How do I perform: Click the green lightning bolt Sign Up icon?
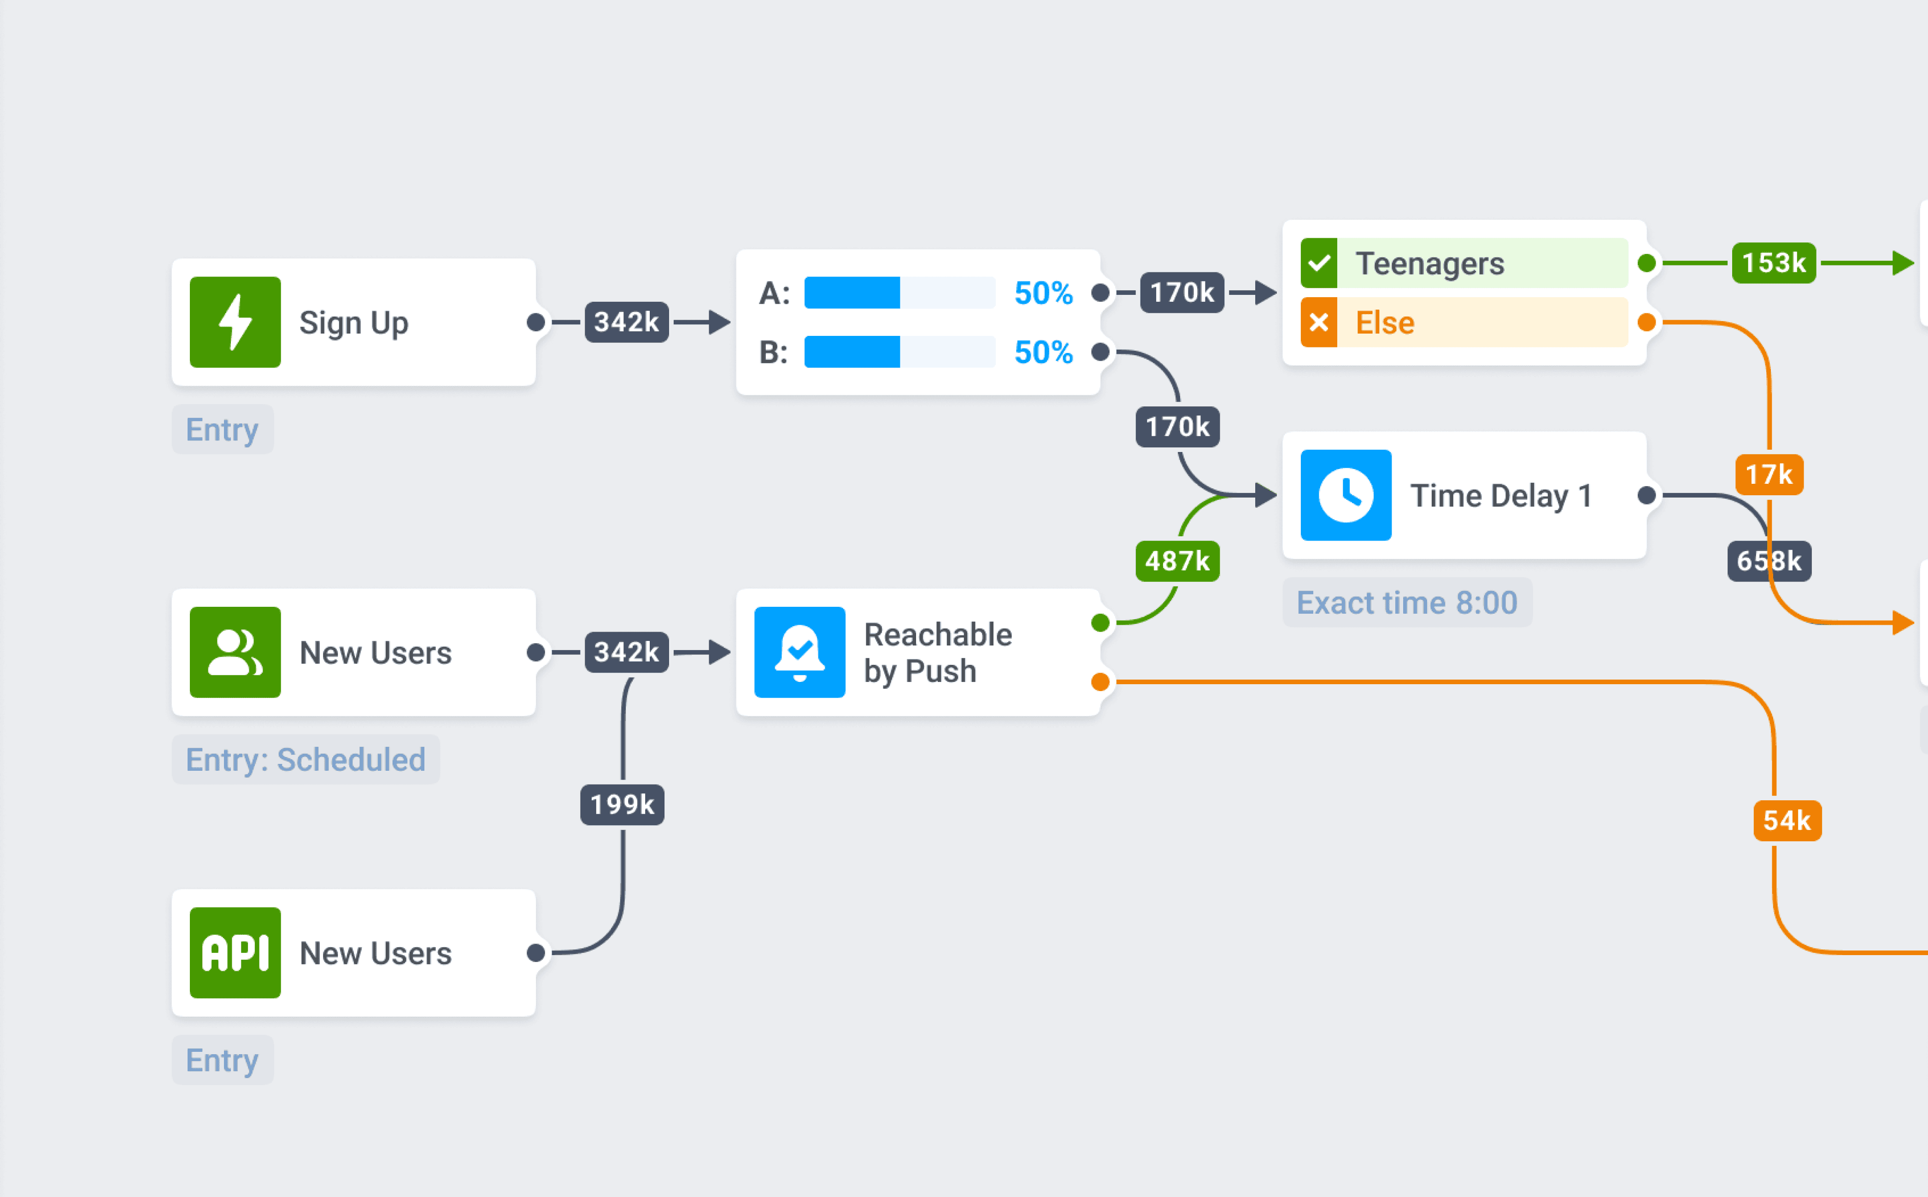pos(235,322)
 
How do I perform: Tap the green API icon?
pos(235,952)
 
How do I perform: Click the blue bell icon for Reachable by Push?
pos(799,652)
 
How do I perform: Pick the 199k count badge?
pos(623,805)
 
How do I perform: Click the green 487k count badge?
pos(1177,561)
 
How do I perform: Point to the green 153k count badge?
pos(1774,263)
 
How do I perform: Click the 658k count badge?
pos(1769,561)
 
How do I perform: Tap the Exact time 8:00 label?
pos(1406,603)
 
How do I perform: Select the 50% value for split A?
pos(1043,293)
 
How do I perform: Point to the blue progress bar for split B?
pos(852,352)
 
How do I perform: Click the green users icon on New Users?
pos(235,652)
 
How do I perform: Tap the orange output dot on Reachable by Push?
pos(1100,681)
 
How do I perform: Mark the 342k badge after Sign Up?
pos(626,322)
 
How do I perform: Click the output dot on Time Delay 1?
pos(1646,496)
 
